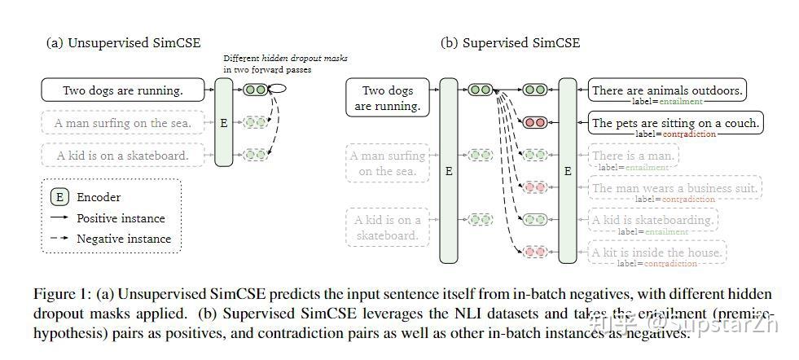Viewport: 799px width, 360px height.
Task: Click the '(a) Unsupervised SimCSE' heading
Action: coord(123,42)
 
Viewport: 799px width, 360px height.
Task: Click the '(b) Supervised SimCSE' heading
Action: coord(511,42)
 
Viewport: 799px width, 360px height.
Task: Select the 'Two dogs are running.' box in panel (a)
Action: coord(123,90)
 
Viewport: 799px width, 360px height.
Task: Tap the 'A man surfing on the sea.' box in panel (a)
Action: coord(123,124)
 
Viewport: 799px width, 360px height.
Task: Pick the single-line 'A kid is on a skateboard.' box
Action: coord(123,155)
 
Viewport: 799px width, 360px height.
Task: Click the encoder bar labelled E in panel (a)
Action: coord(224,123)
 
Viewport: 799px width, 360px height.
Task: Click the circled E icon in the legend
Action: coord(59,197)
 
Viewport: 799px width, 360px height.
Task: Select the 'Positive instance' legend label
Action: coord(121,218)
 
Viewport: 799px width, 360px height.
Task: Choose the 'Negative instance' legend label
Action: coord(124,239)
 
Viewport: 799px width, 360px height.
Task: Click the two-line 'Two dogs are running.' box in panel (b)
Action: coord(388,98)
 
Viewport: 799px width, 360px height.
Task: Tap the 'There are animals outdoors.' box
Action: coord(667,90)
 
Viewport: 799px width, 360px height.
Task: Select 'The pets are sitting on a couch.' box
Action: coord(675,124)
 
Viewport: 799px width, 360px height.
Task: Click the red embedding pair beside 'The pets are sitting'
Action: coord(535,122)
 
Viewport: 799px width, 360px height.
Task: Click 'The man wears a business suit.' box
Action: coord(675,188)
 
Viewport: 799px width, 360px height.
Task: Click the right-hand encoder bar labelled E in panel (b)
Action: coord(568,171)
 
